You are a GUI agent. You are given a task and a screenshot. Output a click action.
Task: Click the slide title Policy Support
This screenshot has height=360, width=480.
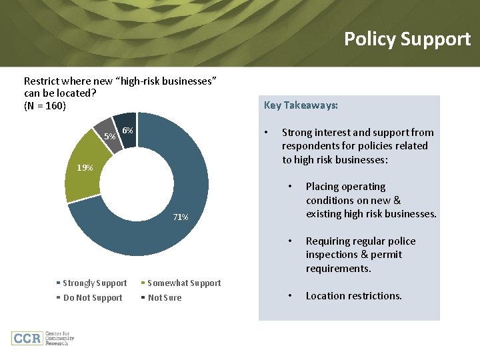407,39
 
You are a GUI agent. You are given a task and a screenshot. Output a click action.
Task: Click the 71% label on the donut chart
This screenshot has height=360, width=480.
180,217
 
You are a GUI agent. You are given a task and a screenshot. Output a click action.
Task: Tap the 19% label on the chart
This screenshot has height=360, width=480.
85,167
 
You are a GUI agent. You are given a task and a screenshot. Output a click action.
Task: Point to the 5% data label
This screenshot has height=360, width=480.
109,137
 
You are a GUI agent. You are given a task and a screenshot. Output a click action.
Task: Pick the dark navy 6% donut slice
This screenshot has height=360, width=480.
126,122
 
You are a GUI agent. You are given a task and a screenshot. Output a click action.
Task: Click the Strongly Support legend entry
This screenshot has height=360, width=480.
94,283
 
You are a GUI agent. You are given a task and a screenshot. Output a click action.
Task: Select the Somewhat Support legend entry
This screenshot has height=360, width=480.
183,283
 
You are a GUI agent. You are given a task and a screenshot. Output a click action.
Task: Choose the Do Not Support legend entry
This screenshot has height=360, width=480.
92,298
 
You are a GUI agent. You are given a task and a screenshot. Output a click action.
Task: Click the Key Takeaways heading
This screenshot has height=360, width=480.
301,105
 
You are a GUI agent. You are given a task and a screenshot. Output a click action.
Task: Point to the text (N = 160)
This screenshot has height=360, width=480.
45,105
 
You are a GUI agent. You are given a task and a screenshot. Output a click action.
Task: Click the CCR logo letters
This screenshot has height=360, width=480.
27,337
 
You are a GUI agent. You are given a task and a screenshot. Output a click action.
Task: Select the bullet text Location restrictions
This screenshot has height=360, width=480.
353,296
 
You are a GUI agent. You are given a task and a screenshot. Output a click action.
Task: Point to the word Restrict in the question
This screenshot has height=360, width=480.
41,81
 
